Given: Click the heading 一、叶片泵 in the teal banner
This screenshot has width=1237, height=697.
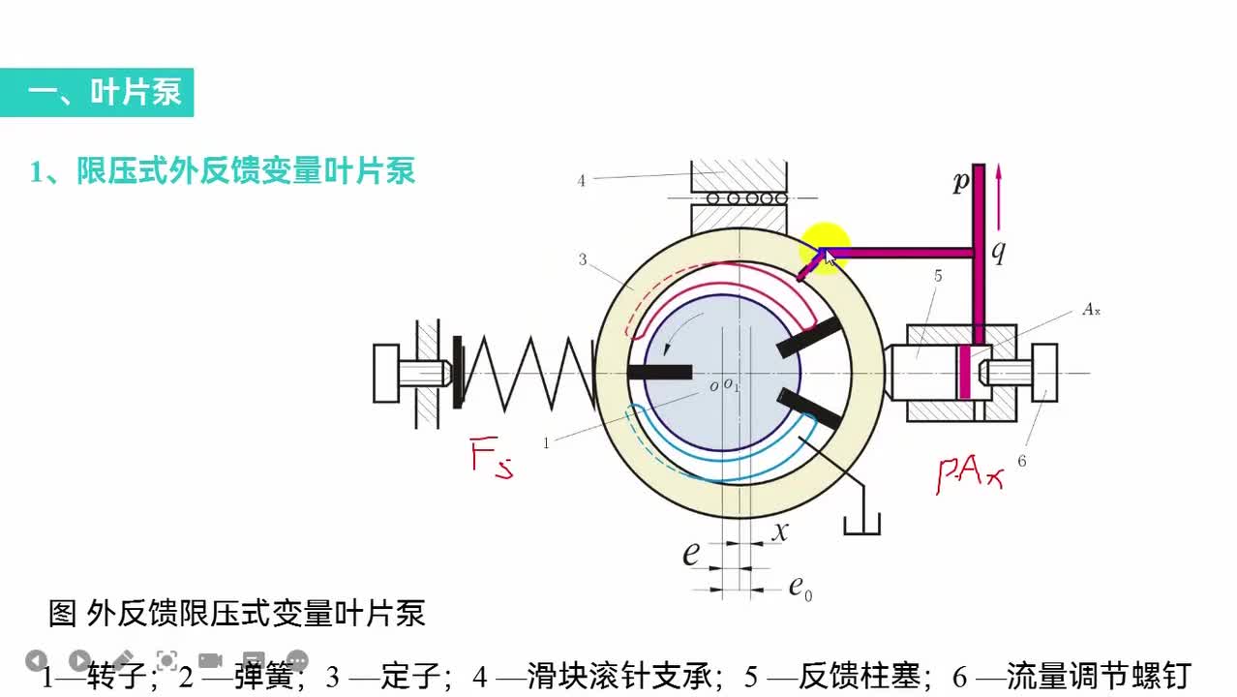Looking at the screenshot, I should pos(105,93).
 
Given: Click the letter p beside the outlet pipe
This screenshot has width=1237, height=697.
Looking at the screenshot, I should pos(960,182).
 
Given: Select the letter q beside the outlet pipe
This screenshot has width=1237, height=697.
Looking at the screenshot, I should pos(998,252).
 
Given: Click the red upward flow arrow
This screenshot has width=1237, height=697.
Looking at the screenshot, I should pos(999,184).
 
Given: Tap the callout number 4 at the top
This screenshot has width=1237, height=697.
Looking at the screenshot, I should pos(581,180).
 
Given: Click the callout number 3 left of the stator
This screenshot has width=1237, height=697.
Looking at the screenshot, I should pos(583,259).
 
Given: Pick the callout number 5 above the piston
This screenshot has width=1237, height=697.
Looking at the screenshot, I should pos(938,275).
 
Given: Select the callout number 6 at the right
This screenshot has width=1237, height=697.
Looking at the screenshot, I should pos(1021,462).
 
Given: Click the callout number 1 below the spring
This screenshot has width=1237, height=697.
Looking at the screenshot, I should pos(546,443).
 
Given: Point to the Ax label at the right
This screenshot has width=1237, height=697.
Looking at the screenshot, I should pos(1092,311).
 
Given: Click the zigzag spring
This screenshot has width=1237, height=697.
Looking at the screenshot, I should pos(528,373).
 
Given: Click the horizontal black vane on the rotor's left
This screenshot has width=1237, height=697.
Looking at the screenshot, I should pos(659,372).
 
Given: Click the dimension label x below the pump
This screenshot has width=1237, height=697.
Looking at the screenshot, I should pos(779,530).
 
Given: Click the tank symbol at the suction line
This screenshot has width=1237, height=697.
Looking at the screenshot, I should pos(861,524).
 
